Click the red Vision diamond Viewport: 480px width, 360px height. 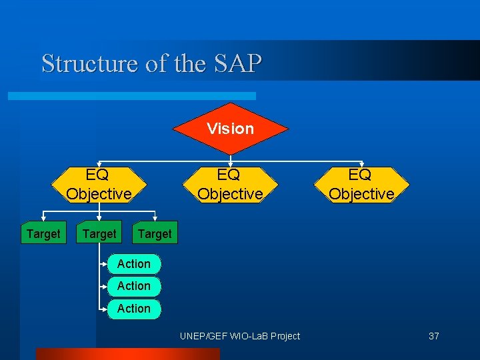coord(230,128)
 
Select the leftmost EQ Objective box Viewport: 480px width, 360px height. coord(99,184)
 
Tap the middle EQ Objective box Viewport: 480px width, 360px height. coord(230,184)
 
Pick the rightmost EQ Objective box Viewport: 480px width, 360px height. coord(361,184)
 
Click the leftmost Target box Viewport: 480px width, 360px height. coord(43,234)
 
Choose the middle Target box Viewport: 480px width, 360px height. coord(99,234)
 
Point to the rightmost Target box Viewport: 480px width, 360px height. coord(154,234)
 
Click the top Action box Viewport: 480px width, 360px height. coord(134,264)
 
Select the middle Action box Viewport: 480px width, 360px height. coord(134,286)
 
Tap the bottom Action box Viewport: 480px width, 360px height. coord(134,309)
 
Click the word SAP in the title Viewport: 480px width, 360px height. coord(238,63)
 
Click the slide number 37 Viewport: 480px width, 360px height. coord(433,336)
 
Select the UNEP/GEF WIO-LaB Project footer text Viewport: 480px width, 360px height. coord(240,336)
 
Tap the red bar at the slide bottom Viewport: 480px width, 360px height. coord(127,354)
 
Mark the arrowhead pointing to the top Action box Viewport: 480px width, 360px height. coord(106,264)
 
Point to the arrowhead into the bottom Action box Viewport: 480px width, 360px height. coord(106,309)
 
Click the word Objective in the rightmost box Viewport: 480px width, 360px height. coord(361,194)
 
